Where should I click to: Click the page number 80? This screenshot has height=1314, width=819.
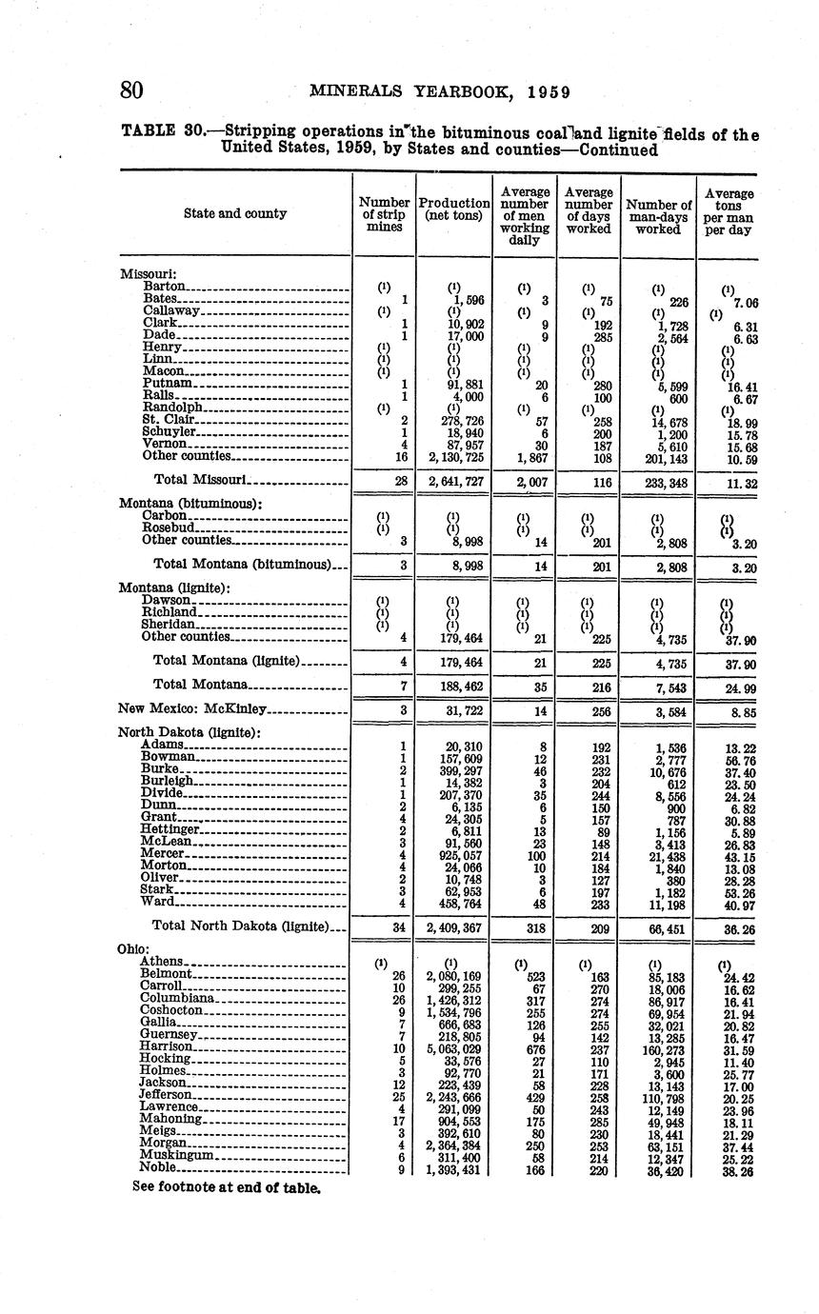131,91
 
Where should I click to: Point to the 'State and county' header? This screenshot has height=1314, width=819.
235,213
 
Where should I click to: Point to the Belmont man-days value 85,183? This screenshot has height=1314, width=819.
667,978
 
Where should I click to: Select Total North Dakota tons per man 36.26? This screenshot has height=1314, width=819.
733,926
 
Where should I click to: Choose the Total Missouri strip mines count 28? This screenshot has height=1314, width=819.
401,483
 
